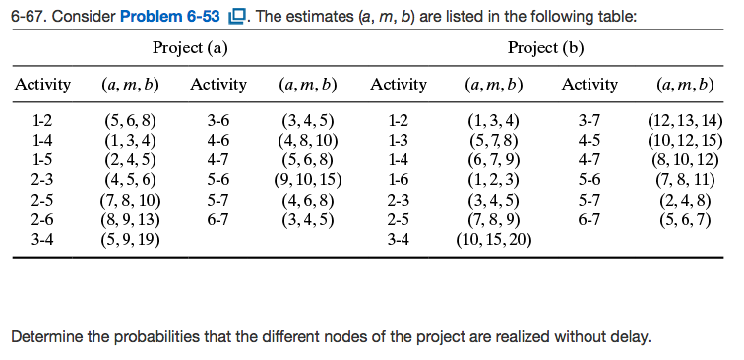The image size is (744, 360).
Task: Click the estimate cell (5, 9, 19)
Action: click(x=131, y=238)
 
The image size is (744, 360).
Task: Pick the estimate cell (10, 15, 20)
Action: click(x=492, y=238)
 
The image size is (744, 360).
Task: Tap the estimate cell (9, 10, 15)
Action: click(x=308, y=180)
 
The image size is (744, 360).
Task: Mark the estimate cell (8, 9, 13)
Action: click(x=131, y=218)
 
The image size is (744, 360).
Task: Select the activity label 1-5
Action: click(x=41, y=160)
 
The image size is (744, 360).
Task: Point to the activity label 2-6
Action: click(x=41, y=218)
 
